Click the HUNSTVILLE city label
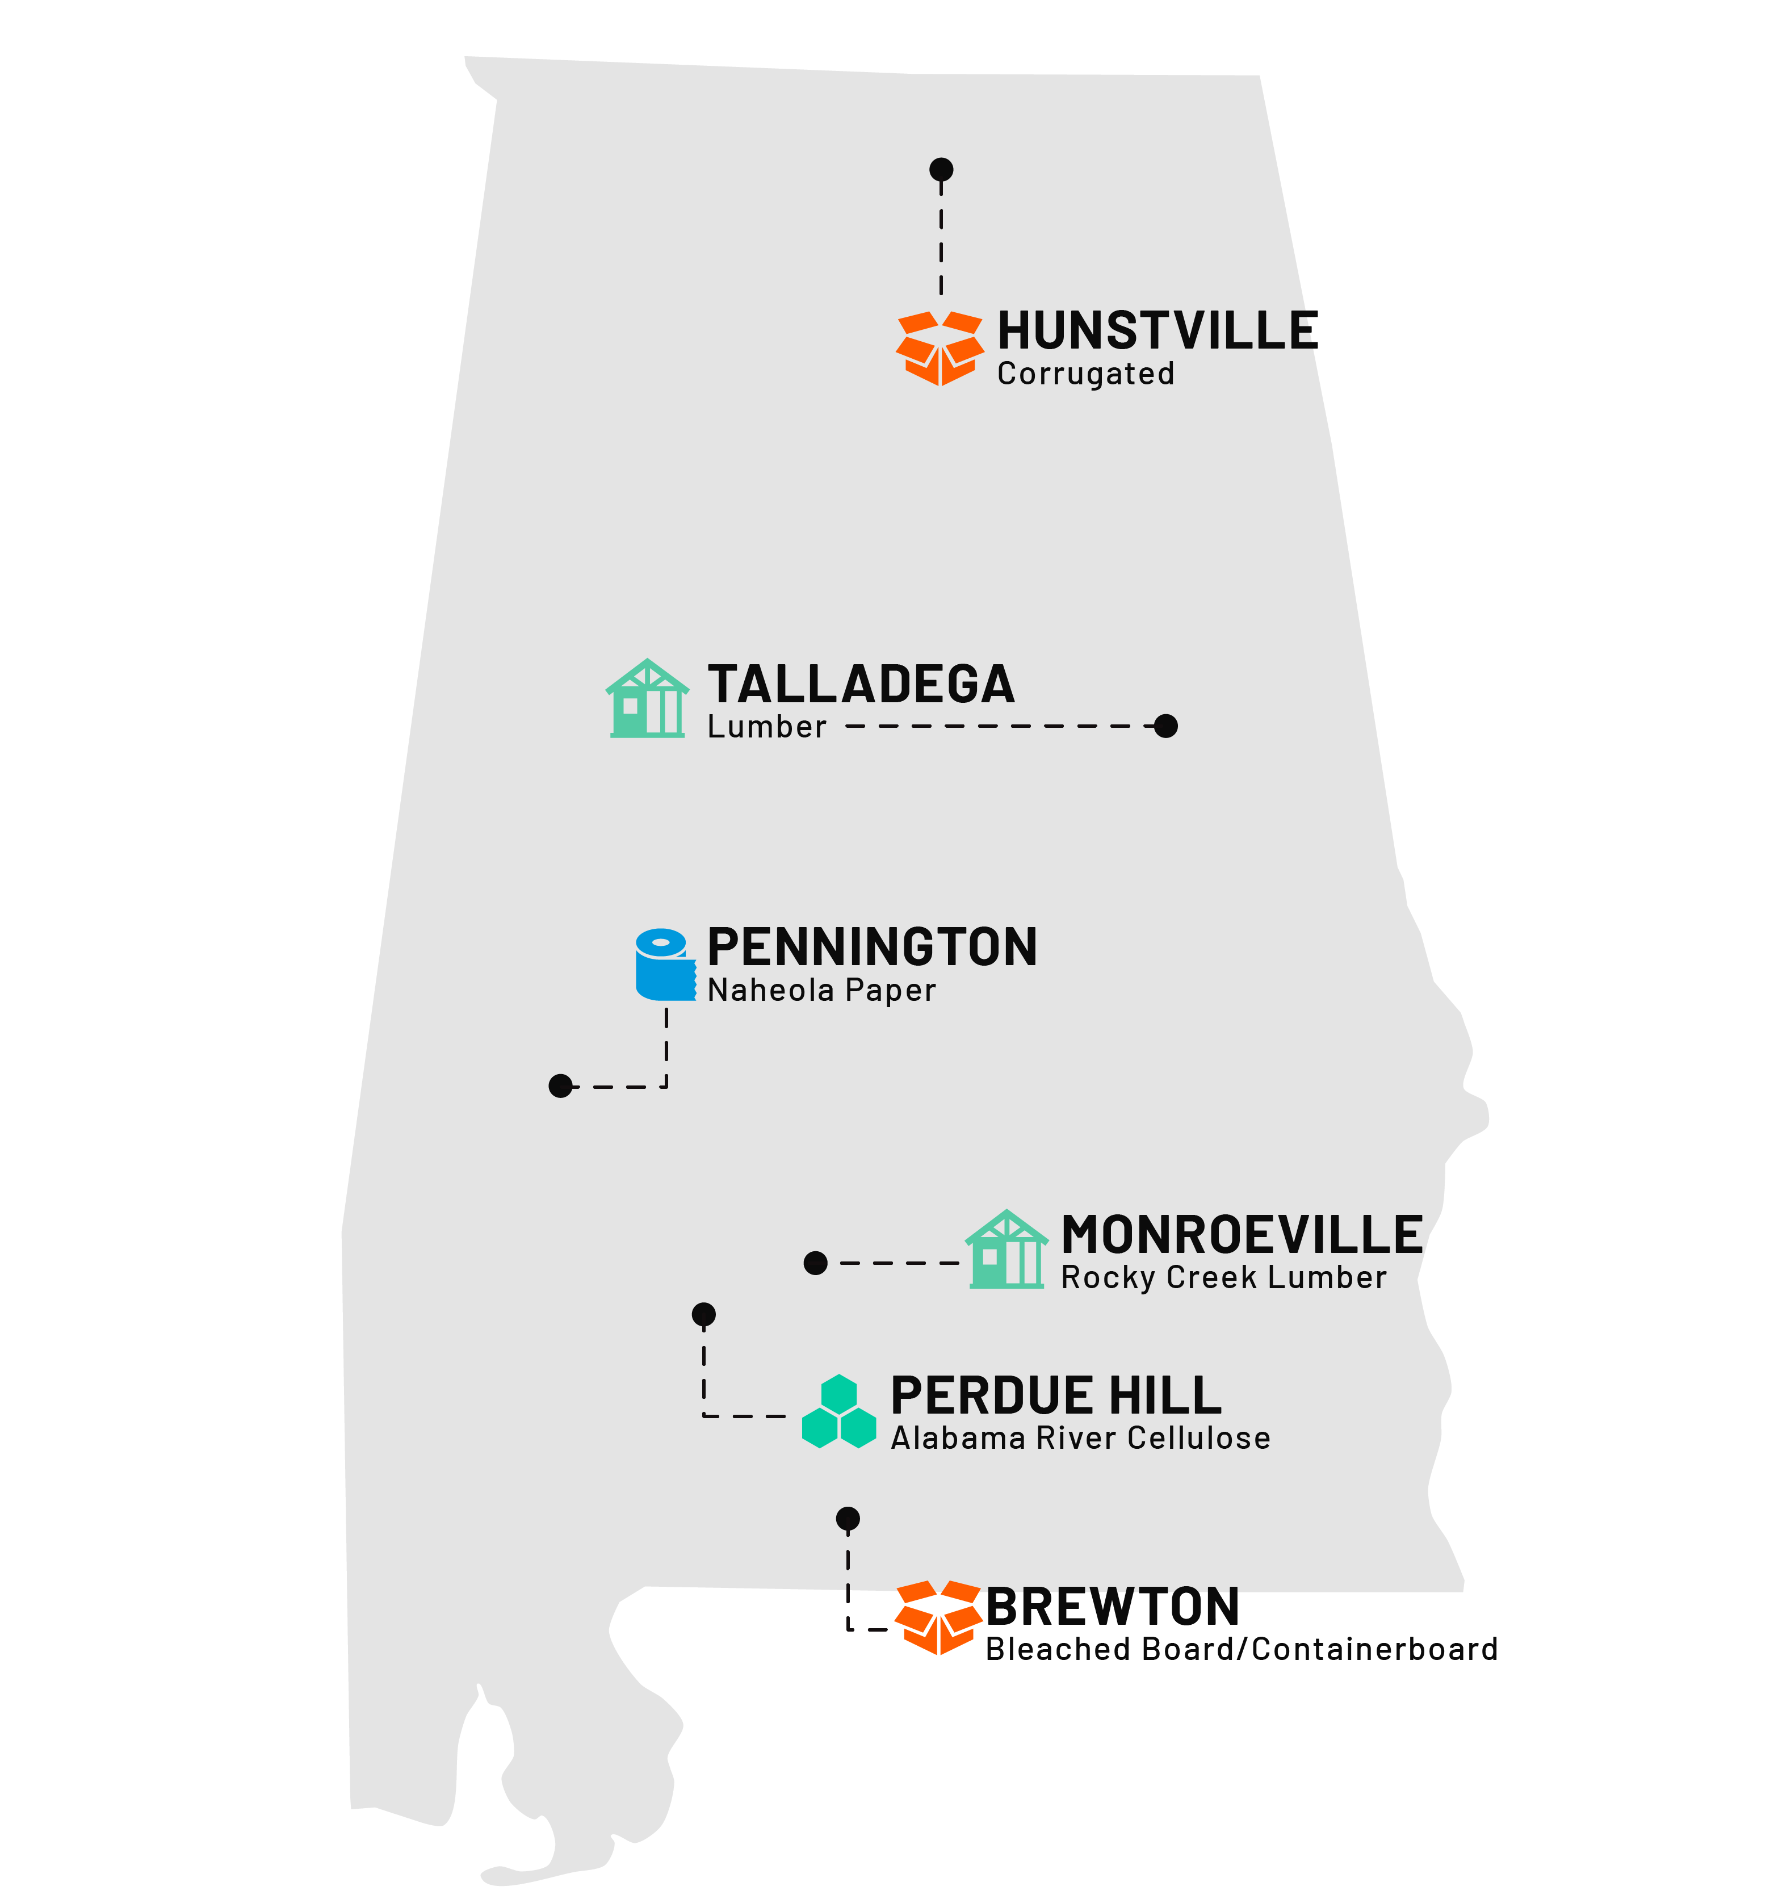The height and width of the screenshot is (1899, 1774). pyautogui.click(x=1157, y=332)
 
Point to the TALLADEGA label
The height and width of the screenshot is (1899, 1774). pyautogui.click(x=861, y=685)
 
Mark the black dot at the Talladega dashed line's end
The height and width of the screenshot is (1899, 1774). pyautogui.click(x=1165, y=726)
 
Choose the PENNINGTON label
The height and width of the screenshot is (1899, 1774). pyautogui.click(x=871, y=948)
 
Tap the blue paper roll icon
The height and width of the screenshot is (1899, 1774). pyautogui.click(x=665, y=965)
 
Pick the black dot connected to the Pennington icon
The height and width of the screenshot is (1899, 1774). pyautogui.click(x=561, y=1086)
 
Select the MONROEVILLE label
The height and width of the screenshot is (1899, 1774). pyautogui.click(x=1241, y=1235)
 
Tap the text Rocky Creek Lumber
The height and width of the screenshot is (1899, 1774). pyautogui.click(x=1223, y=1278)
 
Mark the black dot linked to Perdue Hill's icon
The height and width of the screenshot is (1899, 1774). pyautogui.click(x=704, y=1314)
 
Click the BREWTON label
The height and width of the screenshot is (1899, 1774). pyautogui.click(x=1112, y=1607)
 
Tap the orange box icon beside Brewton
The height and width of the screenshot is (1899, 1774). pyautogui.click(x=938, y=1617)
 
